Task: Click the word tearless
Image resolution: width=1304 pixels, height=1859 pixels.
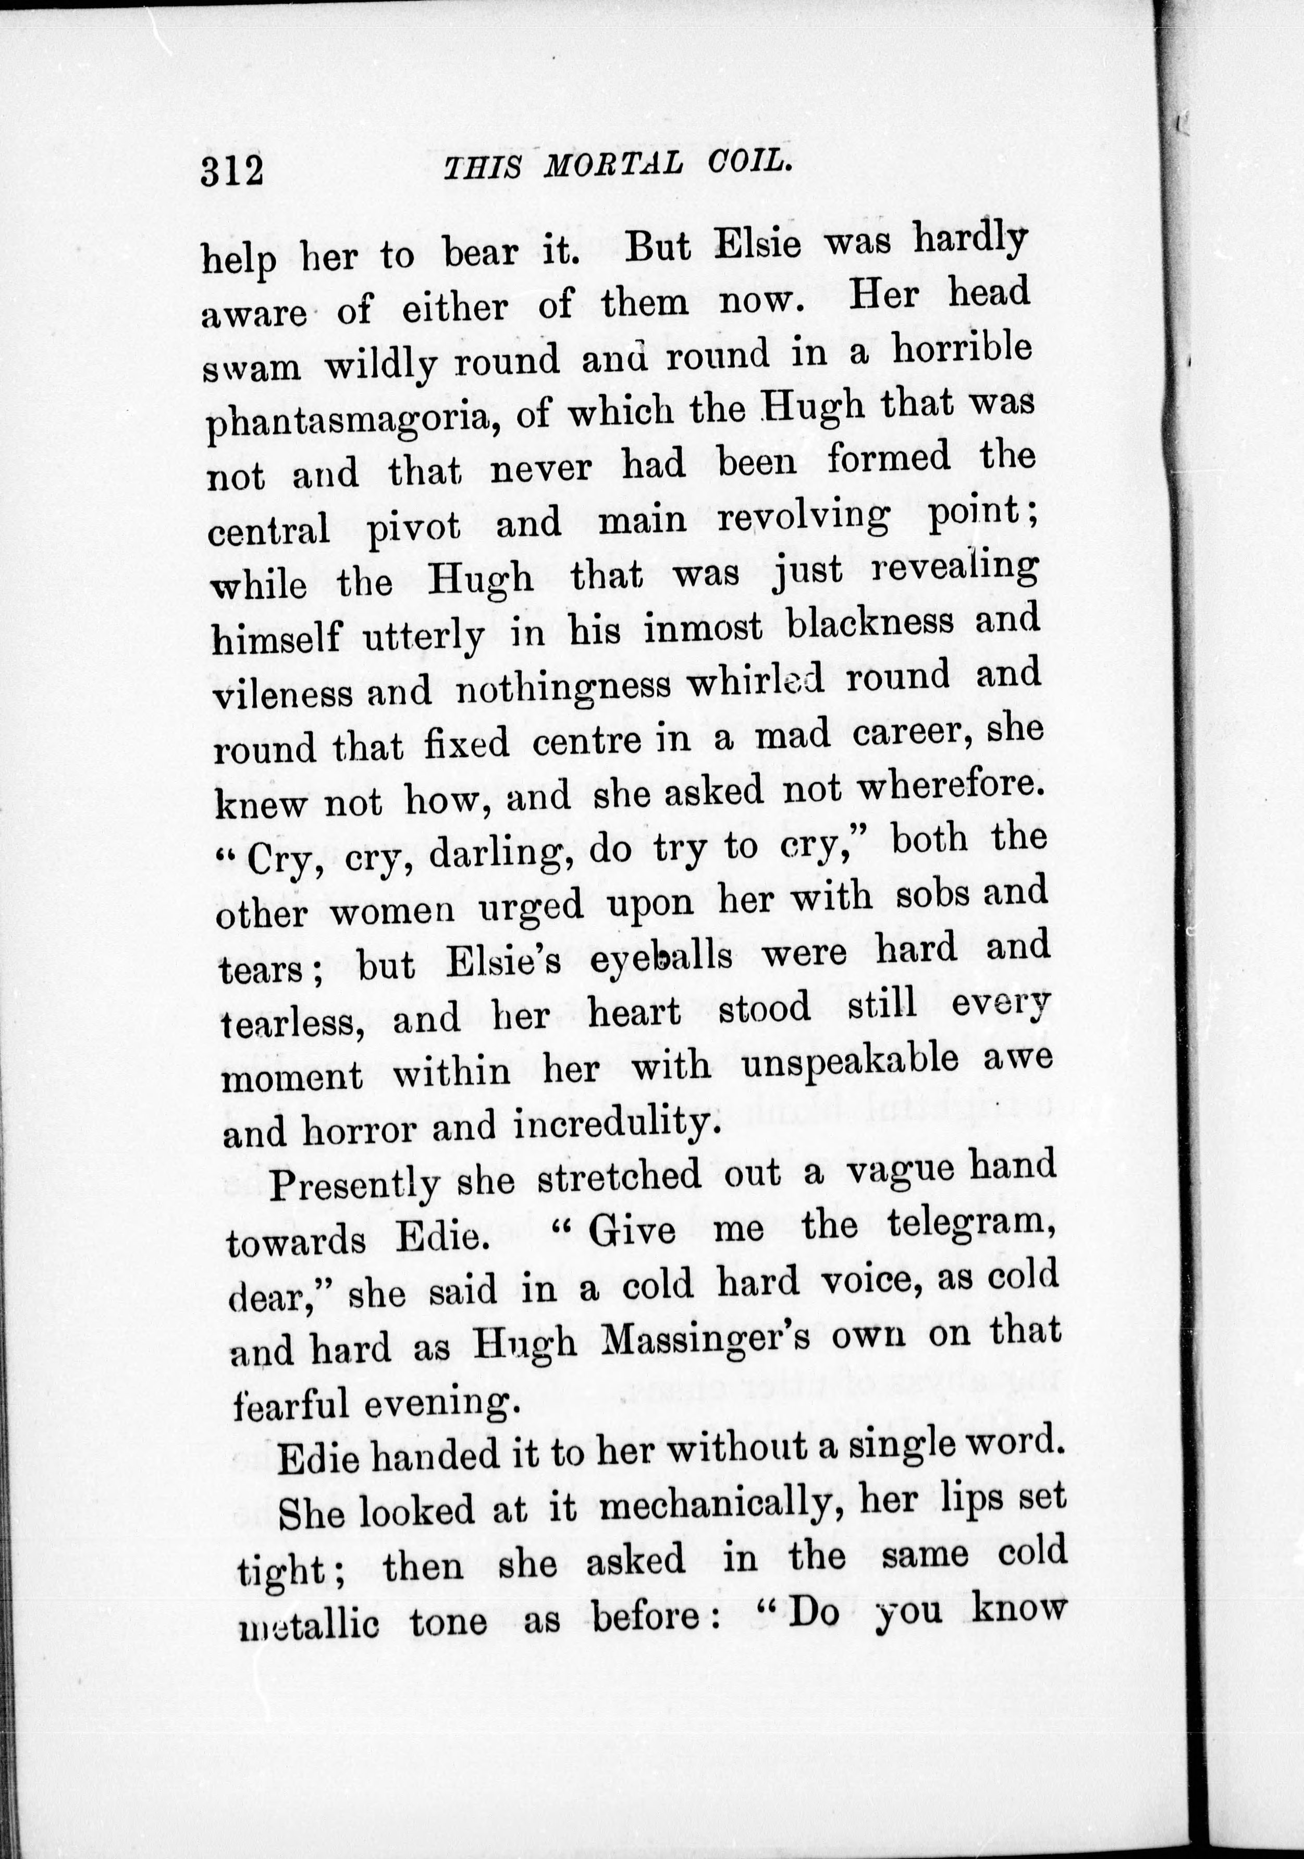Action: click(x=291, y=1022)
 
